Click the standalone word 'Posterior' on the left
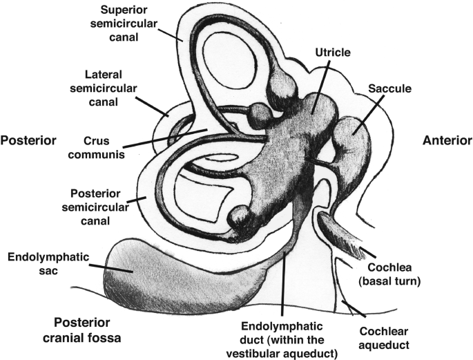(x=28, y=140)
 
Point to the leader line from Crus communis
(x=166, y=138)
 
